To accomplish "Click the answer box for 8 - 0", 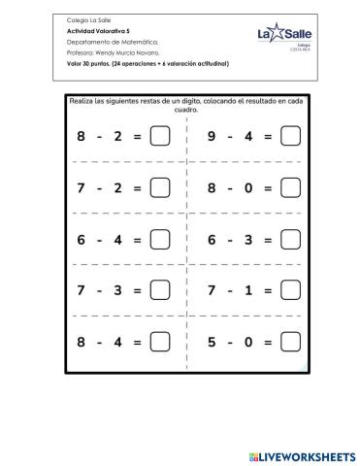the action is point(289,187).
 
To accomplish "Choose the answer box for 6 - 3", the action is point(289,239).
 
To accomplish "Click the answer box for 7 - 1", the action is point(289,290).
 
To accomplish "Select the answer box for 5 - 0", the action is point(289,341).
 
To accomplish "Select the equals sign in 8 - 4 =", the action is point(138,341).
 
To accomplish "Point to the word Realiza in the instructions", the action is point(82,100).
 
